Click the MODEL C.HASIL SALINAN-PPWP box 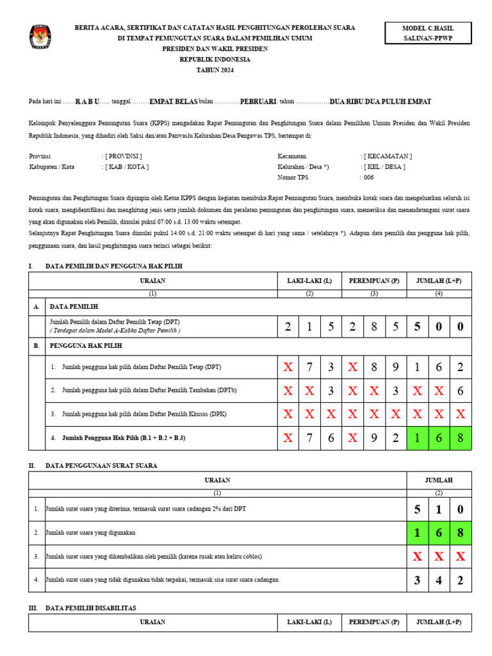[427, 34]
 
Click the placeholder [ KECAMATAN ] [388, 156]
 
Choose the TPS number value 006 [368, 177]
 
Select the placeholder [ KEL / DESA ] [384, 167]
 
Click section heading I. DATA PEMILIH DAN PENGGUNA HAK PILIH [109, 266]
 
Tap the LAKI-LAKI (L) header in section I [309, 281]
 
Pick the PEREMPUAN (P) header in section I [374, 281]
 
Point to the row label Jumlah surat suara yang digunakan [90, 532]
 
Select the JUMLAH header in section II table [439, 480]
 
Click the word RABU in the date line [87, 102]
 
